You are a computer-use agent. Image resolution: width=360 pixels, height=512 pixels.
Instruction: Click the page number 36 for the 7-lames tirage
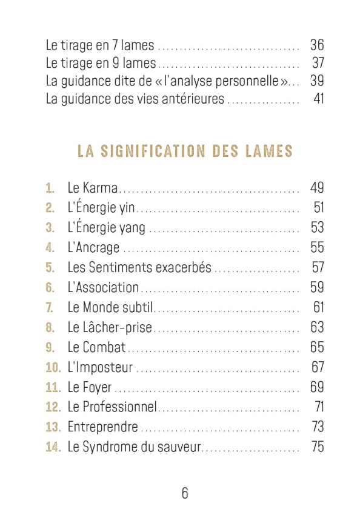pos(317,45)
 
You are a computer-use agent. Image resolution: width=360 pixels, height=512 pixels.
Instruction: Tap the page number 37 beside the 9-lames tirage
pos(318,63)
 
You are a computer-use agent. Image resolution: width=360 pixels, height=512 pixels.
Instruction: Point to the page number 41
pos(319,99)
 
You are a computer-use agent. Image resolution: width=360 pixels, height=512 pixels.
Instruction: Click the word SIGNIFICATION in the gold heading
pos(153,151)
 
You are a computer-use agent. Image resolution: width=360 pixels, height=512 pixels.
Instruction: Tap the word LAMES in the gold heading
pos(269,151)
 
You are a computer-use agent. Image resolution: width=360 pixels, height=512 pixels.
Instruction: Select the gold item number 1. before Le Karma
pos(50,188)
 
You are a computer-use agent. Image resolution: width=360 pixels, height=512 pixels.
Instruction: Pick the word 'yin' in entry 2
pos(127,208)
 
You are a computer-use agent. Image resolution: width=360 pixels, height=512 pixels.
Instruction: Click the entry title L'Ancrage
pos(93,247)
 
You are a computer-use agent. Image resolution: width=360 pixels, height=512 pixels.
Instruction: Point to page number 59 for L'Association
pos(317,287)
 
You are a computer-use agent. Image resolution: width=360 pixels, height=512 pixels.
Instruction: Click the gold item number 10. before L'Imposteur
pos(53,368)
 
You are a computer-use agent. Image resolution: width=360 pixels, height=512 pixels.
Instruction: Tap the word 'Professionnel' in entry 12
pos(119,407)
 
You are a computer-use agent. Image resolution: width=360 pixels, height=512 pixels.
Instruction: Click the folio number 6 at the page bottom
pos(185,493)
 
